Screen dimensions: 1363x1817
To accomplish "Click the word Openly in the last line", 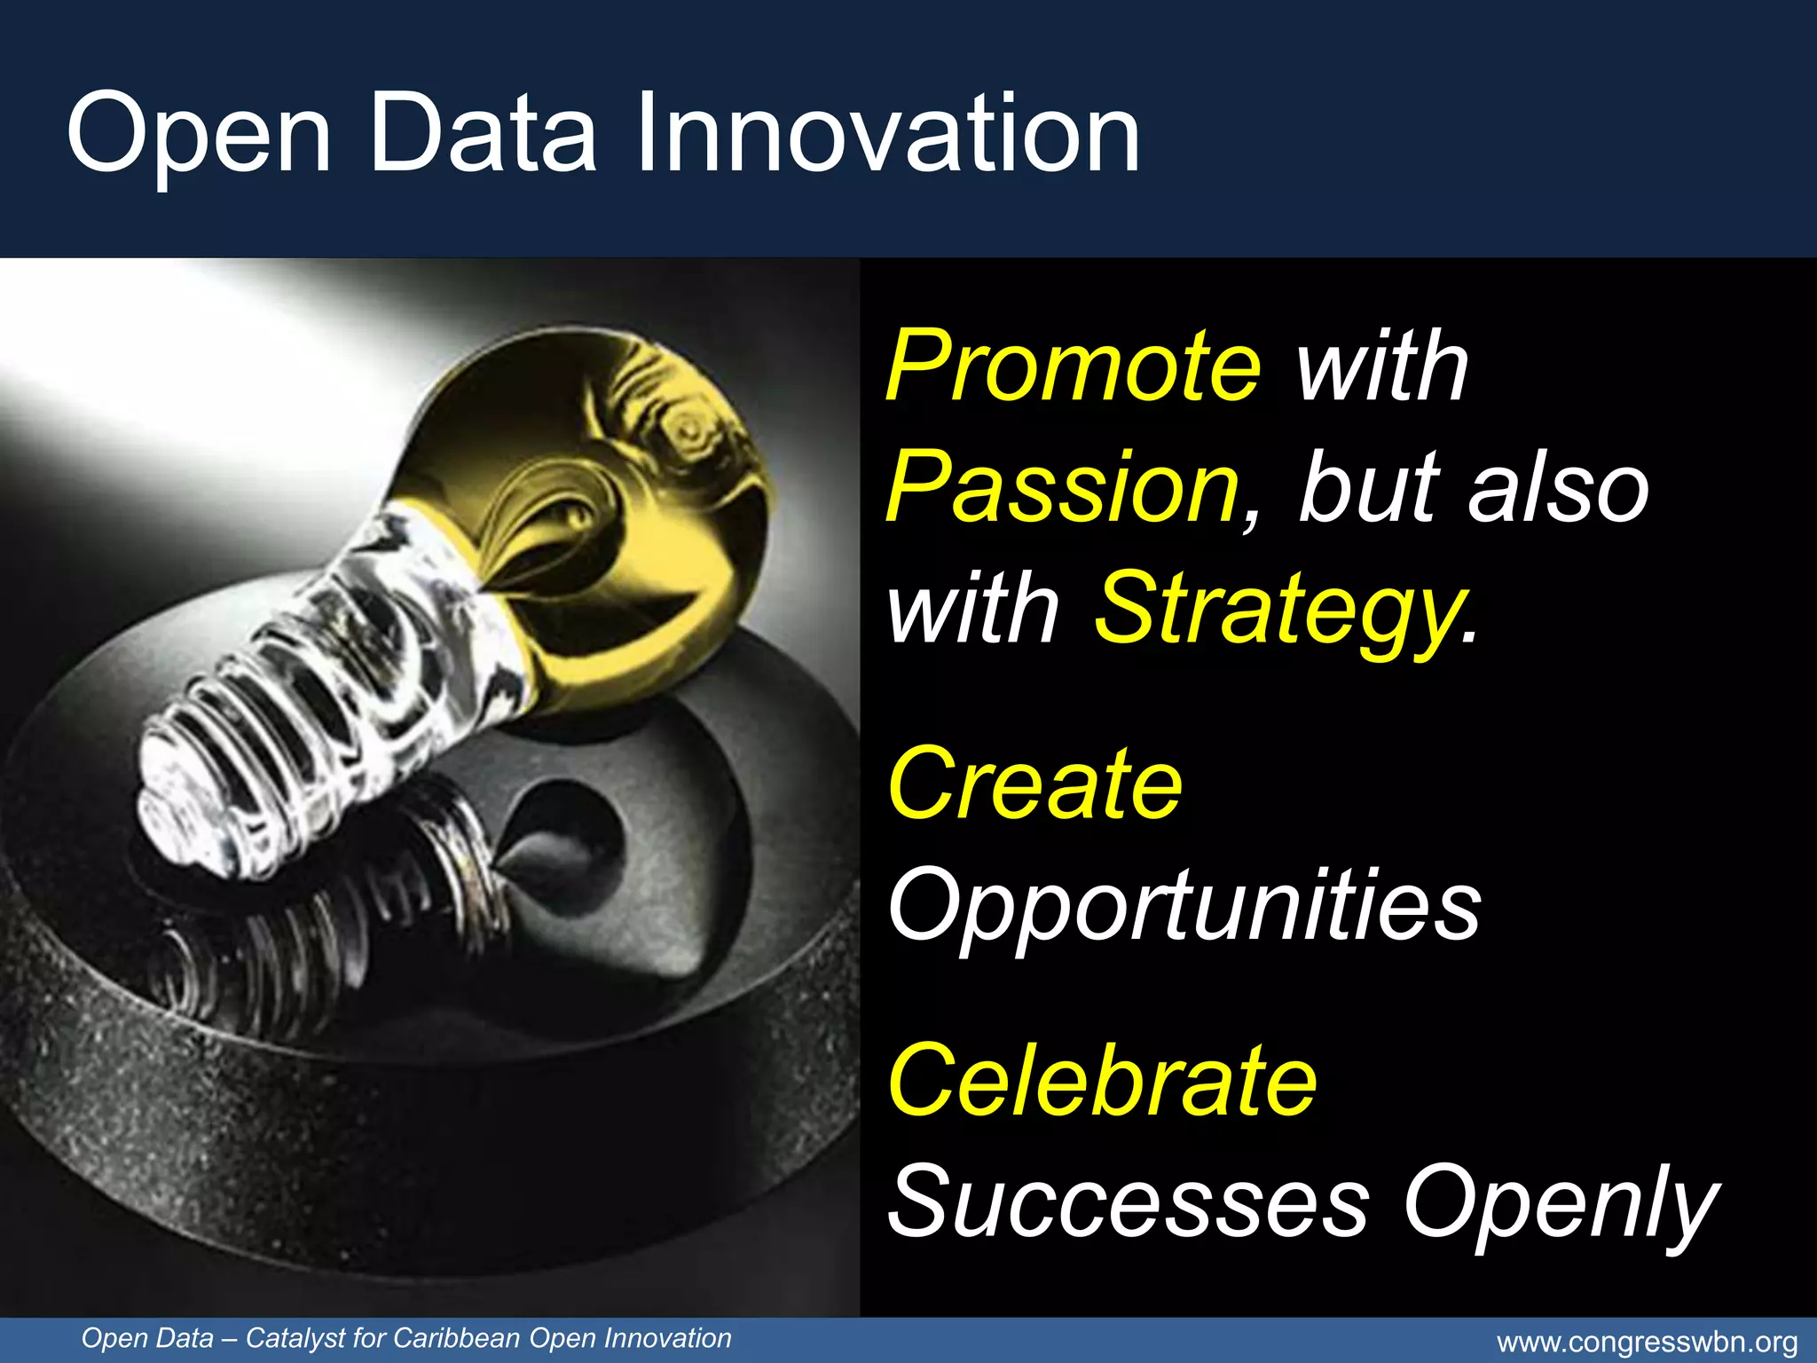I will pyautogui.click(x=1561, y=1203).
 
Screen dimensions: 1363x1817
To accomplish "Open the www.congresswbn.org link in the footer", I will pyautogui.click(x=1647, y=1343).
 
